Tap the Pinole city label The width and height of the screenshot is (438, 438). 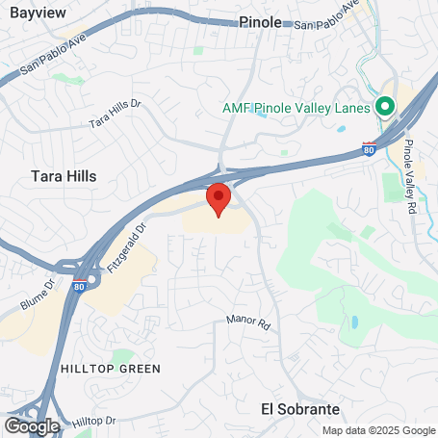pos(261,21)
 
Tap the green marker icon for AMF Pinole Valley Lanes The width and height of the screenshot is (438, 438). pos(386,107)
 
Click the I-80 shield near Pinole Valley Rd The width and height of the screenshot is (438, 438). pos(370,148)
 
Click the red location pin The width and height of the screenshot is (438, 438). pos(219,198)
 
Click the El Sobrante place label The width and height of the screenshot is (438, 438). pos(300,408)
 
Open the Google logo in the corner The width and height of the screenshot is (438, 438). pos(32,425)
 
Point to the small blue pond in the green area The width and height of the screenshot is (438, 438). pos(355,321)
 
